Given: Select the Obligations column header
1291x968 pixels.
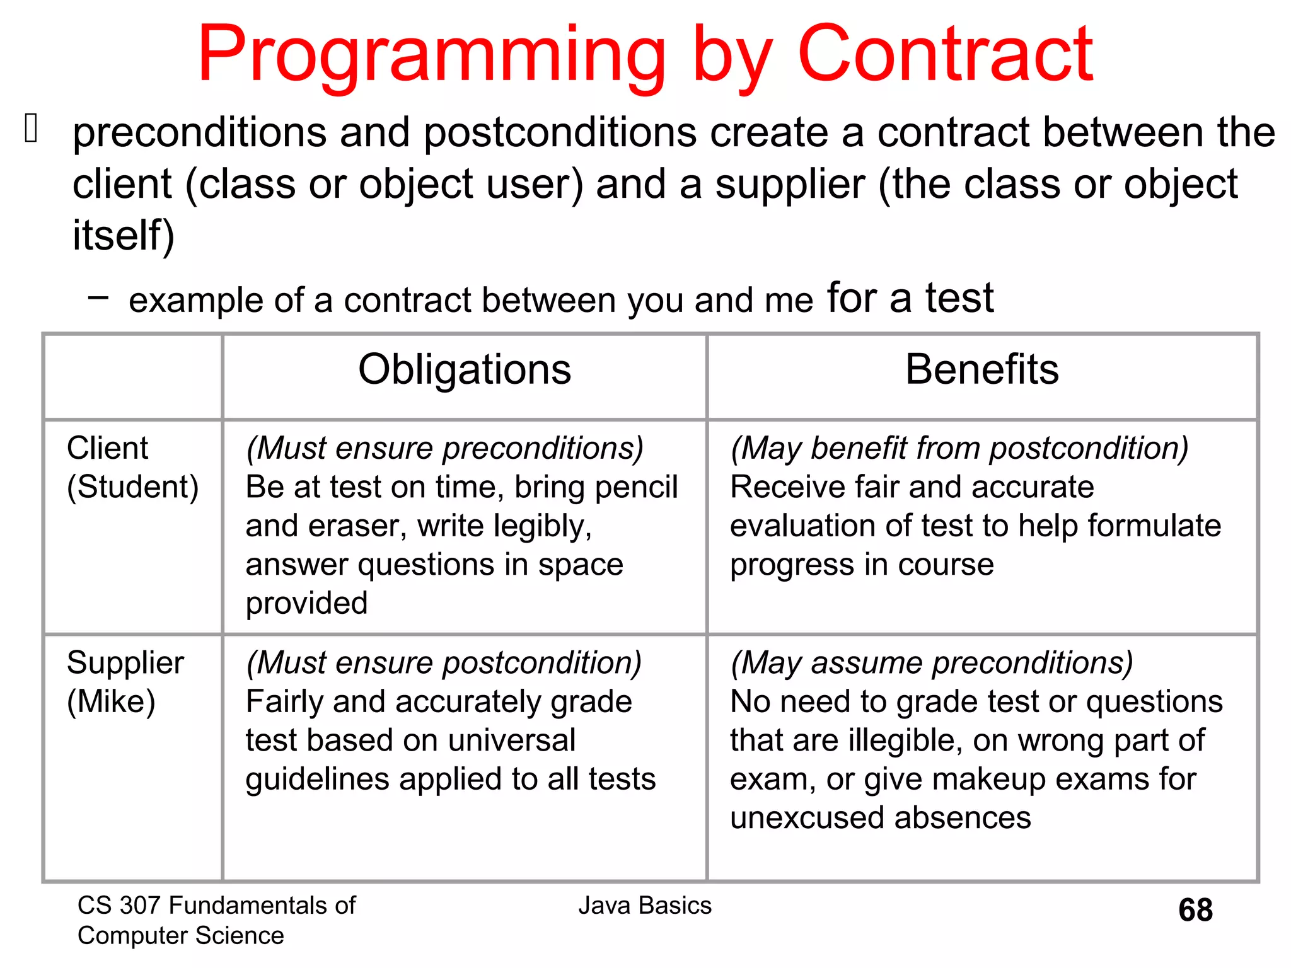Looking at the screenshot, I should [465, 369].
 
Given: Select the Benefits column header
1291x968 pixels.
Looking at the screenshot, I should [981, 369].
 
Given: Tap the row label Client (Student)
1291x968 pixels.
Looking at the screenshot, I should [132, 467].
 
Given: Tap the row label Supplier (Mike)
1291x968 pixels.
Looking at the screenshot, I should [125, 682].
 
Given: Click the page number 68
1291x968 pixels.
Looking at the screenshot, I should [1195, 910].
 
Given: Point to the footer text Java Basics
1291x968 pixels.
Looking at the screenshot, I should [644, 906].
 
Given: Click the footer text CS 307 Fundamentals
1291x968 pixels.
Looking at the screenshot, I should [216, 906].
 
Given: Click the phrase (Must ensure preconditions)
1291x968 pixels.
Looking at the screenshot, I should [444, 448].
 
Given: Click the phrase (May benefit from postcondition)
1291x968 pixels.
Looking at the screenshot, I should [959, 448].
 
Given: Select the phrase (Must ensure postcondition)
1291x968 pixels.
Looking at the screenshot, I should [444, 663].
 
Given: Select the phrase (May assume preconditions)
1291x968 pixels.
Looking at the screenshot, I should [931, 663].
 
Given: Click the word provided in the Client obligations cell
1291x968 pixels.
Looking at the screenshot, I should [306, 603].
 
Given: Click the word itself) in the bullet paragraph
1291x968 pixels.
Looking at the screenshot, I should [124, 236].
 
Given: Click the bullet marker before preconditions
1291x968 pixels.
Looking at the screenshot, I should [32, 128].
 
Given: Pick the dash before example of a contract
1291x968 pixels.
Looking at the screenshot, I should [98, 297].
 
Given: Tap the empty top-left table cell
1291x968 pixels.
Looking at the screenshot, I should [133, 376].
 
